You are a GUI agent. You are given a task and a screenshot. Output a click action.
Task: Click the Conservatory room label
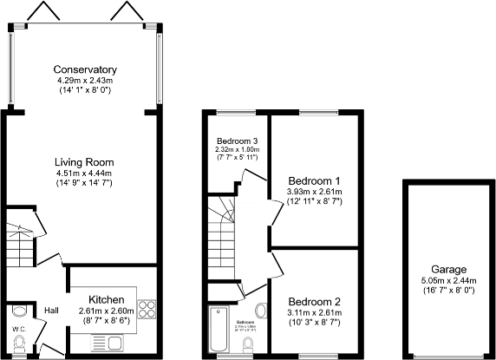[x=84, y=69]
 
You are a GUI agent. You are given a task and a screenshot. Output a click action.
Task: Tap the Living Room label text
[x=84, y=162]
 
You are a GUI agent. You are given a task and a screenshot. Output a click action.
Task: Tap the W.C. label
[x=18, y=329]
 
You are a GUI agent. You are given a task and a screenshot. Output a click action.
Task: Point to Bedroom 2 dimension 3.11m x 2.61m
[x=313, y=312]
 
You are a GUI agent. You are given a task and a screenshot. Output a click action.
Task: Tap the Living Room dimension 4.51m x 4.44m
[x=84, y=173]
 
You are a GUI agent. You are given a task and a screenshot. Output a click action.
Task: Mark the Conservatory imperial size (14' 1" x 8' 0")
[x=84, y=90]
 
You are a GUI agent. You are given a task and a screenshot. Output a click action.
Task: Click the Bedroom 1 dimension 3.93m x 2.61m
[x=313, y=192]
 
